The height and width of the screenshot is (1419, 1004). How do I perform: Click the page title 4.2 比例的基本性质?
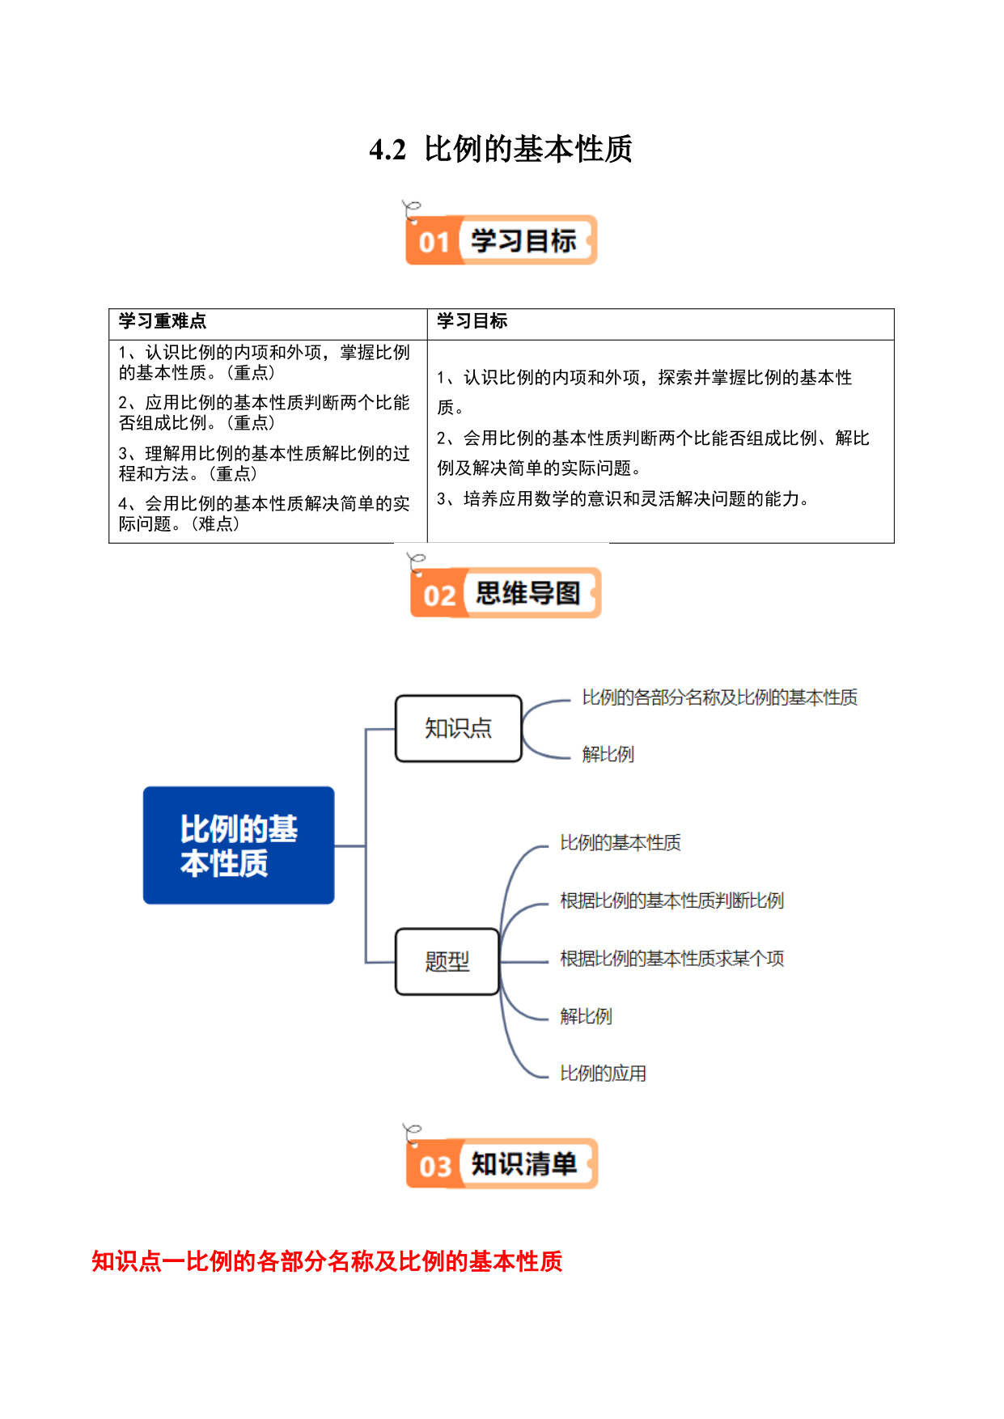point(501,149)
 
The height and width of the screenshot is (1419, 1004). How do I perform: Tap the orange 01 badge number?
point(434,242)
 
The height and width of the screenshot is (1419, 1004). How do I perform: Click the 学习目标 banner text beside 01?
point(523,240)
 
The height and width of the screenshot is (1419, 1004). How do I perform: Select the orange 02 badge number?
point(439,595)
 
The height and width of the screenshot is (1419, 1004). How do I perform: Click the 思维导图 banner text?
point(527,593)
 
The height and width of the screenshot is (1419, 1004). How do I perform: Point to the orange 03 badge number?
point(435,1167)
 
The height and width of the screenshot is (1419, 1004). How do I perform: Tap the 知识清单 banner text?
point(523,1164)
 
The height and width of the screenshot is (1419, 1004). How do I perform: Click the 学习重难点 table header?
point(163,321)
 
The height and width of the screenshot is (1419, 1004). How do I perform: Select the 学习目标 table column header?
point(472,321)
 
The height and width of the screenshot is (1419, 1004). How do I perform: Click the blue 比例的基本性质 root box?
point(239,845)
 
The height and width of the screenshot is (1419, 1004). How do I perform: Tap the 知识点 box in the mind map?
point(459,728)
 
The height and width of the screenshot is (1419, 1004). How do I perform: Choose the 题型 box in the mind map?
point(447,961)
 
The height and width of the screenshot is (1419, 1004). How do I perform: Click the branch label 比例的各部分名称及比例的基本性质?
point(720,697)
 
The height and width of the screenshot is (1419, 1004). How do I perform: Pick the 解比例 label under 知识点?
point(608,754)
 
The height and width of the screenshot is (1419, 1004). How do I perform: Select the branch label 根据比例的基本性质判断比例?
point(672,900)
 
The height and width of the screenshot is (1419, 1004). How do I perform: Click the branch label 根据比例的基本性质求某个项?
point(672,959)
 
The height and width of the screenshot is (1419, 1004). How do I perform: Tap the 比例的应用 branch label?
point(604,1074)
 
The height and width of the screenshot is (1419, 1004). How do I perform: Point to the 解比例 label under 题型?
point(587,1016)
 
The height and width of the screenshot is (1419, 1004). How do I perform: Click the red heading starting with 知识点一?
point(327,1261)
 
